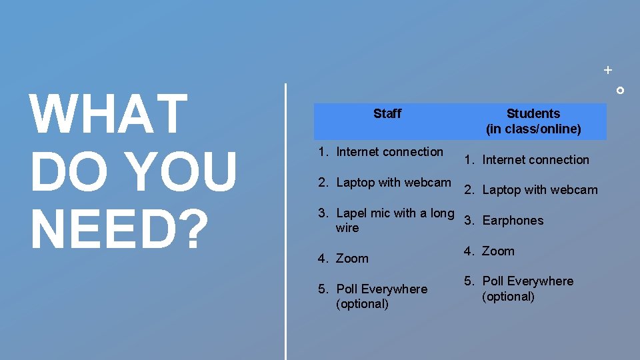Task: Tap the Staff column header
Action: (387, 113)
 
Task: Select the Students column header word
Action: (533, 113)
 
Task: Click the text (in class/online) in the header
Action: (533, 129)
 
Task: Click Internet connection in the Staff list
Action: (389, 152)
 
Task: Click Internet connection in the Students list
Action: (535, 160)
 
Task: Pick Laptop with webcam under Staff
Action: (393, 183)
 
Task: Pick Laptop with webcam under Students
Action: (539, 190)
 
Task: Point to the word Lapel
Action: (352, 213)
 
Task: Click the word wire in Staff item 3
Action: (347, 228)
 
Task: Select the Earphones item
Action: (513, 221)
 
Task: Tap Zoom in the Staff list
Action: (352, 259)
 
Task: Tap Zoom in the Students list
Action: (498, 251)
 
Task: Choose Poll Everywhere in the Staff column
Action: (381, 289)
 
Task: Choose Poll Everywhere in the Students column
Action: (527, 281)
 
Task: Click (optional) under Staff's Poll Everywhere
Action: (362, 304)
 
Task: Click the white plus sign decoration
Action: (607, 69)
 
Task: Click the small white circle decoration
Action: (620, 90)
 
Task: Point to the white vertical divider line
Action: (286, 220)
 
